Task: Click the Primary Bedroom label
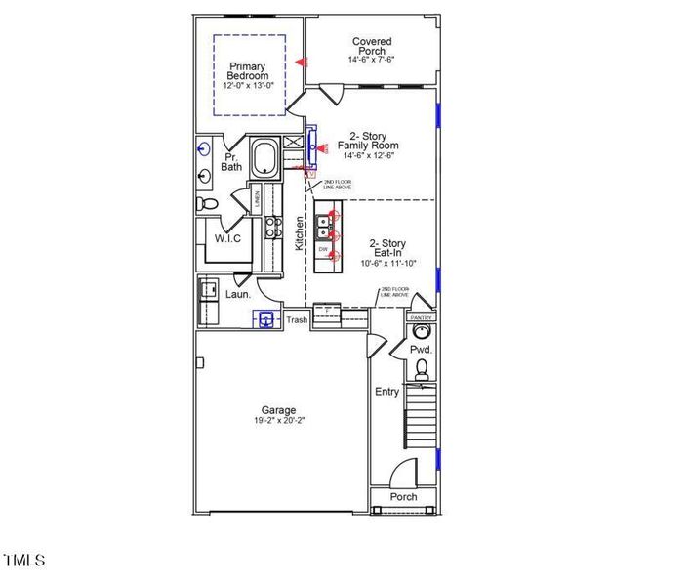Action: tap(248, 71)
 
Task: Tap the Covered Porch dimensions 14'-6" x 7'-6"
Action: tap(371, 59)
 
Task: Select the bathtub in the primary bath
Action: tap(264, 158)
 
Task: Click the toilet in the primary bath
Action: tap(207, 204)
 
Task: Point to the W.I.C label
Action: tap(226, 238)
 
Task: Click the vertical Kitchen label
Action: tap(300, 232)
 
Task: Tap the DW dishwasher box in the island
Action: tap(323, 251)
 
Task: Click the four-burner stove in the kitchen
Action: tap(275, 228)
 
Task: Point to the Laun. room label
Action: tap(237, 294)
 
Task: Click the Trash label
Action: tap(297, 320)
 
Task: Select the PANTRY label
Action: tap(422, 317)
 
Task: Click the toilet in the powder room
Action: tap(422, 369)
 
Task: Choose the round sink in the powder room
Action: tap(422, 332)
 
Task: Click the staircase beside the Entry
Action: tap(421, 416)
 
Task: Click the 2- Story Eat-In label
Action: tap(387, 249)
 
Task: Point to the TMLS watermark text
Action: tap(24, 561)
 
